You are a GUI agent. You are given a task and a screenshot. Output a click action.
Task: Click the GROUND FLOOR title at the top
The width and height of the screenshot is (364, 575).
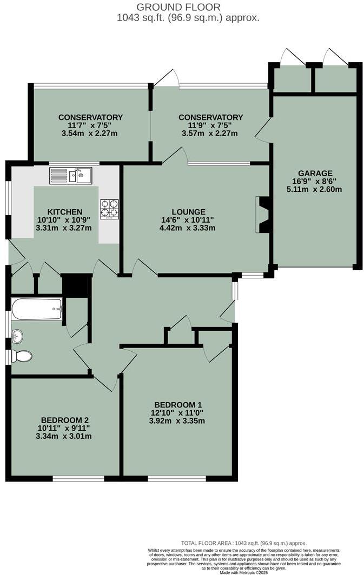178,7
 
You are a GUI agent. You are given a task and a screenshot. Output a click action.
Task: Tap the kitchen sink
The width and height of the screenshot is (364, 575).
71,175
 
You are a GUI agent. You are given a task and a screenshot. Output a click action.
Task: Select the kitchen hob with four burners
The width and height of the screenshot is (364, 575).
109,209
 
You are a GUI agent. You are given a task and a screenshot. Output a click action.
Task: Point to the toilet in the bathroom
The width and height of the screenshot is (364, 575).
22,356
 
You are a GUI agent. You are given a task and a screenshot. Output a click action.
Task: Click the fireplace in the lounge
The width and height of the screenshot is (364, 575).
263,215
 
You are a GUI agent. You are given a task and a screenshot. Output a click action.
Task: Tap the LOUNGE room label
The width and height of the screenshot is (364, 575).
189,212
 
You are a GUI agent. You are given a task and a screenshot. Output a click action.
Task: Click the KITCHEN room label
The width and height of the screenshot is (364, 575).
64,212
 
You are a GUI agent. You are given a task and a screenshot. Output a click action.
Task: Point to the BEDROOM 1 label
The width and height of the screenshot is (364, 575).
178,405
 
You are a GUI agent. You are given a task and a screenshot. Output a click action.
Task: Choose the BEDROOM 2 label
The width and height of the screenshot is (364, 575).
64,420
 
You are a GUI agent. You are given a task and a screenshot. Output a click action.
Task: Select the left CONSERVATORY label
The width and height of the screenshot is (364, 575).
90,117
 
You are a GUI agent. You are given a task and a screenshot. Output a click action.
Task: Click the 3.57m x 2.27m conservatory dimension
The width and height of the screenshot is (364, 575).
210,133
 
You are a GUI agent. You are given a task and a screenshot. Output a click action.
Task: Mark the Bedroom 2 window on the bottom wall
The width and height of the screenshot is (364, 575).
78,478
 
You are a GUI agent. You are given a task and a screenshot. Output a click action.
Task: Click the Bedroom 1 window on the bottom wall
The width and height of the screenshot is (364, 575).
177,478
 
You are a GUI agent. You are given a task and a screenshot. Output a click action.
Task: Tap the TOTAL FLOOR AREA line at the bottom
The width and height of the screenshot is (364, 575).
243,543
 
